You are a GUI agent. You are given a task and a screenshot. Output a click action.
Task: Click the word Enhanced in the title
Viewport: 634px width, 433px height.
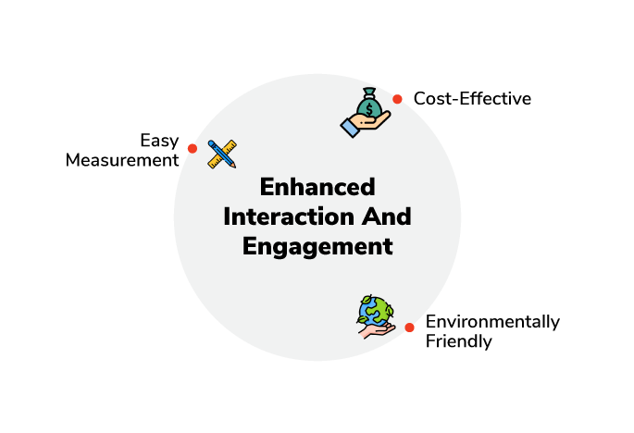(317, 187)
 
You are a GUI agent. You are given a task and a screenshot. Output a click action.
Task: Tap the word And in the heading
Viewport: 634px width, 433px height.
(387, 216)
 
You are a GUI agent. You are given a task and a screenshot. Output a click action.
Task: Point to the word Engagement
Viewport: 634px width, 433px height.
(317, 247)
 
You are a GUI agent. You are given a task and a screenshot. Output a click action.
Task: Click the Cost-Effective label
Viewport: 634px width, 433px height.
(472, 99)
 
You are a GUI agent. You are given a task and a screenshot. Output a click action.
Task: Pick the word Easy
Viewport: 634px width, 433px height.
(159, 142)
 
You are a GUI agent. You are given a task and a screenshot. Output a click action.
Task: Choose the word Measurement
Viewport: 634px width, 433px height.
(122, 160)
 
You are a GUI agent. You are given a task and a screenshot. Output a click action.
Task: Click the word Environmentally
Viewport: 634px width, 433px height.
(493, 323)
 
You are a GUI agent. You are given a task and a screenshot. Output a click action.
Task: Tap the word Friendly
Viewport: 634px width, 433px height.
(459, 341)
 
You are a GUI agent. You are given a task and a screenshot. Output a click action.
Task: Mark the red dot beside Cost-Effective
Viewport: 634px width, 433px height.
(397, 99)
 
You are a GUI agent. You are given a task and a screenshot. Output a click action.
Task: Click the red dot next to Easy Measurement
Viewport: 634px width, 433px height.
(193, 148)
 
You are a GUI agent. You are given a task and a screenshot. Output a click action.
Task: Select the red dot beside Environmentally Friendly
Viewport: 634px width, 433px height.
(410, 328)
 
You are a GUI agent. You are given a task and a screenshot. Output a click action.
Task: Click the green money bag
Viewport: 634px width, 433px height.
(368, 104)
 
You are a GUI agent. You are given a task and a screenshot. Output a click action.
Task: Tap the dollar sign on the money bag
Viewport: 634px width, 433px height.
(368, 109)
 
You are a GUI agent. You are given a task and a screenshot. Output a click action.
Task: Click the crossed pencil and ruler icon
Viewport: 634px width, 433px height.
(222, 154)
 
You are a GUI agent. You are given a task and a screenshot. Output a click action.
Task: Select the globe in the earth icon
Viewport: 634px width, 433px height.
(375, 311)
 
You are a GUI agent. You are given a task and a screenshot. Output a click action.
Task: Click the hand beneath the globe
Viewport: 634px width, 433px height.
(376, 330)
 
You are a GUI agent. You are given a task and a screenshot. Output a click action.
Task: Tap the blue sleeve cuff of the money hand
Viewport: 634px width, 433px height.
(350, 128)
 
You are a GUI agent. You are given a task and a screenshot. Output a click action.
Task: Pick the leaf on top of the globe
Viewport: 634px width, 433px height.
(367, 300)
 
